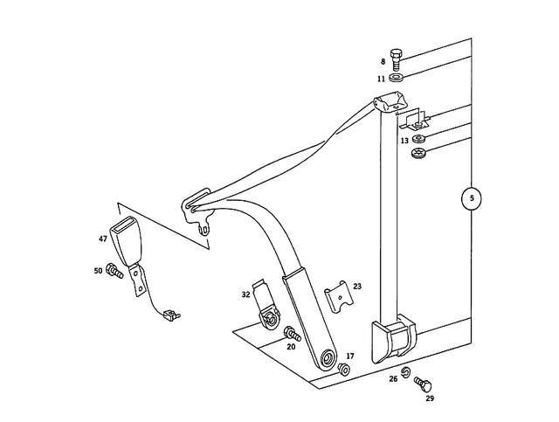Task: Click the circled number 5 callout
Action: click(471, 199)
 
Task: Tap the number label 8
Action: click(382, 62)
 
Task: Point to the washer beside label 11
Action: click(397, 79)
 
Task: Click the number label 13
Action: click(404, 141)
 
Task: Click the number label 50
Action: click(98, 272)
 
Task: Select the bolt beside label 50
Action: click(114, 272)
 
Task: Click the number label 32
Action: click(245, 296)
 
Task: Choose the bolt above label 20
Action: click(291, 334)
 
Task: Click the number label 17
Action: click(349, 356)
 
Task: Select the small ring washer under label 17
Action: click(344, 371)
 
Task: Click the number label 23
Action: click(356, 286)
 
